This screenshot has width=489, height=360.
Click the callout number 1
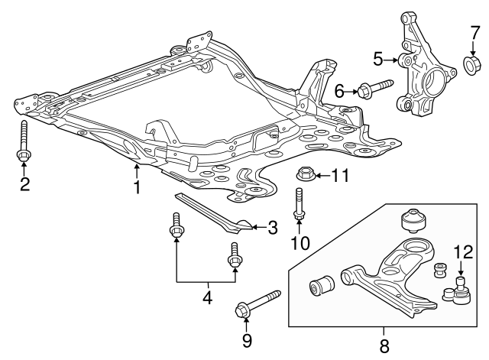click(138, 186)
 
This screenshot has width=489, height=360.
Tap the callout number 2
click(24, 184)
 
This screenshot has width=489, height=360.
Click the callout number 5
click(378, 58)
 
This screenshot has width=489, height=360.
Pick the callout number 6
click(340, 91)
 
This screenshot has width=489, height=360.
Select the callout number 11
click(339, 176)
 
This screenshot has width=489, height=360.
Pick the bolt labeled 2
click(24, 143)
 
